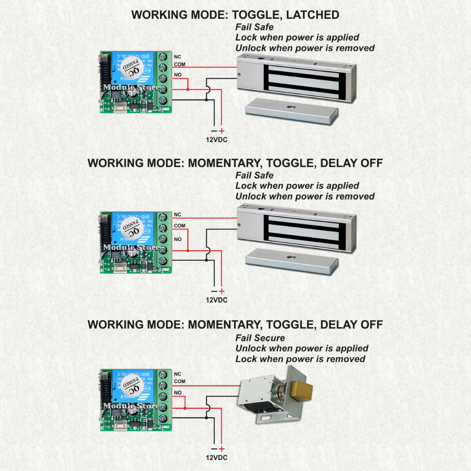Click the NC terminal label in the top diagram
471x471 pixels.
click(x=177, y=56)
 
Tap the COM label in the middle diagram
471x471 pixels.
click(x=179, y=225)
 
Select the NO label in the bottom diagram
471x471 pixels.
click(x=178, y=392)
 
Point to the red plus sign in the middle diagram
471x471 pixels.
click(x=221, y=291)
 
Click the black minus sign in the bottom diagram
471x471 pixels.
click(x=213, y=449)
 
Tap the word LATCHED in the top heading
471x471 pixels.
click(x=312, y=15)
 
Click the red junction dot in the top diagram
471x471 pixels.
click(x=188, y=89)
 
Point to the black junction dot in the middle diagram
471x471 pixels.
click(x=207, y=260)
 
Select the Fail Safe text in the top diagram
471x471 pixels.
click(x=254, y=27)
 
